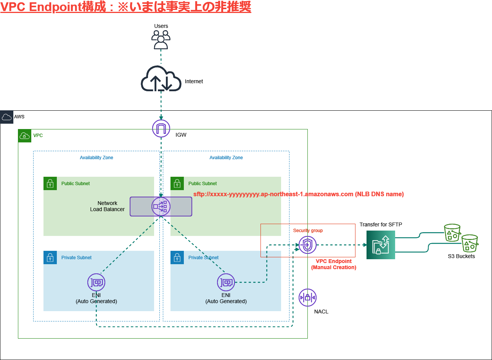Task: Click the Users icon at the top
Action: [161, 40]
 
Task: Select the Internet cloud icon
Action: [161, 79]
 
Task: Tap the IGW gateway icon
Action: [161, 128]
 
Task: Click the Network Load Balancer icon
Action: [161, 207]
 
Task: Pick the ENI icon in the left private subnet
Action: [96, 283]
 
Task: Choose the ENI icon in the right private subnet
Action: [226, 283]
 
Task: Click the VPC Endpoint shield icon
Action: [307, 245]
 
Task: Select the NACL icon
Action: [307, 297]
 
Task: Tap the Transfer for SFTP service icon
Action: [381, 245]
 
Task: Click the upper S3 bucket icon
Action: [452, 232]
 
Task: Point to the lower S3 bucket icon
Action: [470, 244]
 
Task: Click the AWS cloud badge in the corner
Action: [7, 117]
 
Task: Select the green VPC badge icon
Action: [25, 136]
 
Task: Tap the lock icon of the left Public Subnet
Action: [50, 184]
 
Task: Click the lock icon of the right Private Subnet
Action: [177, 258]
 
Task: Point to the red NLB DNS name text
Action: [298, 194]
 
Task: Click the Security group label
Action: [308, 231]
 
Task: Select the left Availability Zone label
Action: [96, 158]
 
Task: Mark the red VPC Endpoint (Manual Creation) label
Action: [334, 264]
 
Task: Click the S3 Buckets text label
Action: [461, 256]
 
